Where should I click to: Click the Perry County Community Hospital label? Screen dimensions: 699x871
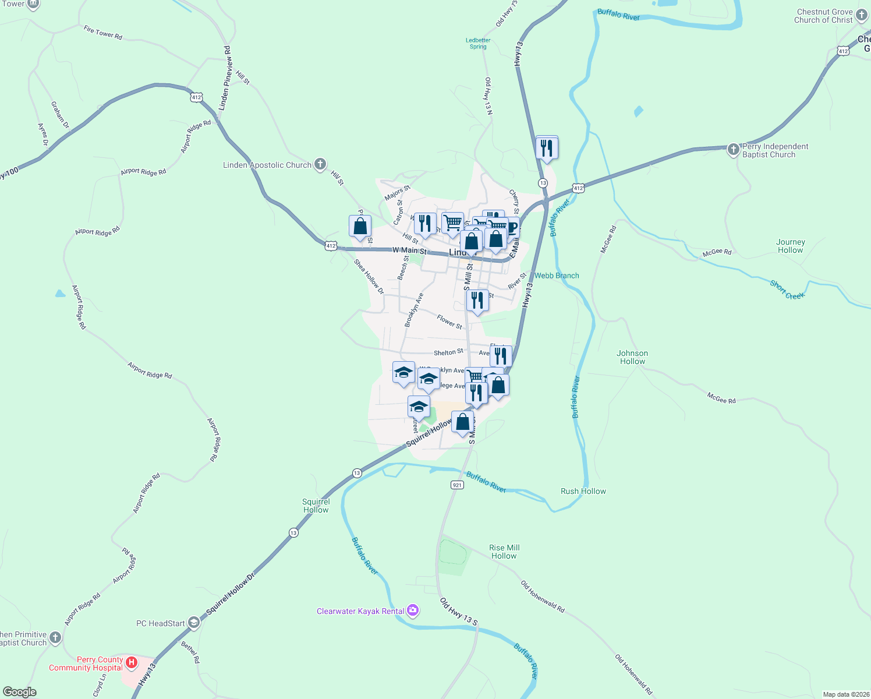pos(86,664)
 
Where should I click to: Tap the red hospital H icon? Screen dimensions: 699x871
pos(132,662)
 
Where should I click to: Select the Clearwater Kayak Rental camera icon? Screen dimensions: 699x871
pos(413,610)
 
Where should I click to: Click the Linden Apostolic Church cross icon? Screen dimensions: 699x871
pos(320,164)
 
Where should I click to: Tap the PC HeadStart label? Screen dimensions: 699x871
pos(160,623)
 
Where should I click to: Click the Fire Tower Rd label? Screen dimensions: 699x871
pos(103,33)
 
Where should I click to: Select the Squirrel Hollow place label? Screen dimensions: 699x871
pos(316,506)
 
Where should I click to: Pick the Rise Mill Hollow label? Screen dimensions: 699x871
pos(504,552)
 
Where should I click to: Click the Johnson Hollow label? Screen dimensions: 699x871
pos(632,357)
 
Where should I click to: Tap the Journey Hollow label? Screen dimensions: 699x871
pos(790,246)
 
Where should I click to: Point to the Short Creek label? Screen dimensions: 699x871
pos(787,290)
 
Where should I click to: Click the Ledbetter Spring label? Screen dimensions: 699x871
pos(478,44)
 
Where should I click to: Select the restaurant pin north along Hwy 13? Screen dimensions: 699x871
pos(547,148)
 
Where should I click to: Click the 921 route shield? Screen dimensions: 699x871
pos(457,485)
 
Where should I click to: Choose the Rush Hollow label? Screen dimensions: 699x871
pos(583,491)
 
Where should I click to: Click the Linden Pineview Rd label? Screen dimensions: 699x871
pos(225,78)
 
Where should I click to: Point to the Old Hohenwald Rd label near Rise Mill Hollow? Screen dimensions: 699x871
pos(542,596)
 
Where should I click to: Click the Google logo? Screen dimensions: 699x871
pos(20,692)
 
